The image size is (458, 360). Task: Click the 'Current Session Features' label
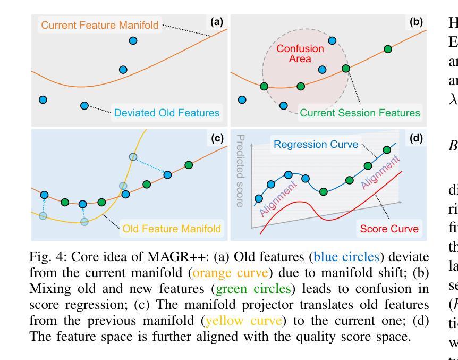click(x=360, y=113)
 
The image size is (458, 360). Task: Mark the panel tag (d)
click(x=416, y=138)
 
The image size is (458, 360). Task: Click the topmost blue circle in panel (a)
click(x=133, y=40)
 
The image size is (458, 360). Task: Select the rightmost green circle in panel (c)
click(x=189, y=165)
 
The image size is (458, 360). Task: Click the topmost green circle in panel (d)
click(x=387, y=150)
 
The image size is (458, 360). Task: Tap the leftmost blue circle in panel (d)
click(x=259, y=198)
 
